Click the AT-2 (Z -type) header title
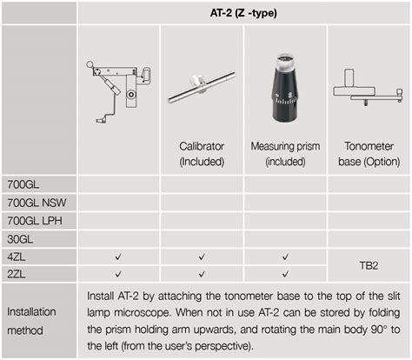(243, 12)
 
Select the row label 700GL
(23, 184)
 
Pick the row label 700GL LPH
(35, 221)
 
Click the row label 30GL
(21, 239)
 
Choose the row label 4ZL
(17, 257)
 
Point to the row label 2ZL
(17, 275)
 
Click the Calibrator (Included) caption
(202, 153)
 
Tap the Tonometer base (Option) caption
(369, 153)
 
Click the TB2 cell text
(369, 265)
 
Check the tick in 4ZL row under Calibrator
(202, 257)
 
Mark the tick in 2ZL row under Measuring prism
(286, 275)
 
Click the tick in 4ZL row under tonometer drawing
(118, 257)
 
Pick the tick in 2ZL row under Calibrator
(202, 275)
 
